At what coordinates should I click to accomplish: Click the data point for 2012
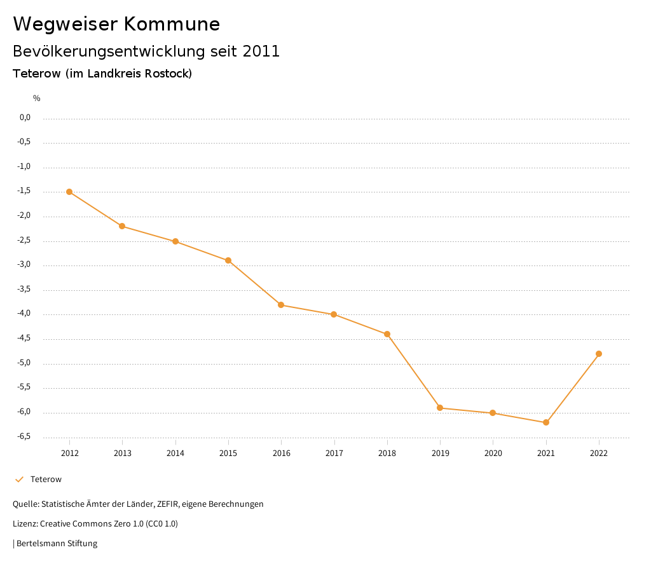[x=69, y=192]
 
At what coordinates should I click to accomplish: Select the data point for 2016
[x=281, y=305]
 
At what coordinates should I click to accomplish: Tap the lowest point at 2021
[x=546, y=422]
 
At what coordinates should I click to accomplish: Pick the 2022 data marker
[x=599, y=354]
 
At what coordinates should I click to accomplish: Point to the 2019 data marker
[x=440, y=408]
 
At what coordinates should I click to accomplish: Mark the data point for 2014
[x=175, y=241]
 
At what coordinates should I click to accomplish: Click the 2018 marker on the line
[x=387, y=334]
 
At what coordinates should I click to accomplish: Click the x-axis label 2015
[x=228, y=453]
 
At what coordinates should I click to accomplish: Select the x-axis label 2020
[x=493, y=453]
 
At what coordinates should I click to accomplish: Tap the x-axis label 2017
[x=334, y=453]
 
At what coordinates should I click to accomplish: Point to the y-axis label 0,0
[x=25, y=117]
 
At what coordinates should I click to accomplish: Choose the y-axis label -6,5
[x=24, y=437]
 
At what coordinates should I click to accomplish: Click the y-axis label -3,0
[x=24, y=265]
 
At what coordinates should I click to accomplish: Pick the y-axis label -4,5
[x=24, y=339]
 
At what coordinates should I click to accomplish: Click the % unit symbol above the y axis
[x=37, y=98]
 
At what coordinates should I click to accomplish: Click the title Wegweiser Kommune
[x=116, y=24]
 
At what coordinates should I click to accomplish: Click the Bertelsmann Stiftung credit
[x=56, y=544]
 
